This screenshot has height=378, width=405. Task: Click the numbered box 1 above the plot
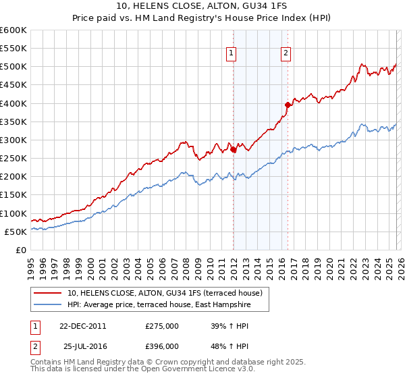[x=232, y=53]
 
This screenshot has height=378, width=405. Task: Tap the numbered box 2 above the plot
[x=286, y=53]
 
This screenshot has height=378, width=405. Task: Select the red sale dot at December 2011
[x=234, y=150]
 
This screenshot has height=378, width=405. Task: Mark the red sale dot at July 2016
[x=288, y=105]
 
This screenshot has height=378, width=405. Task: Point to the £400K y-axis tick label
[x=13, y=103]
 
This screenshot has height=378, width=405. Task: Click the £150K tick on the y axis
[x=13, y=195]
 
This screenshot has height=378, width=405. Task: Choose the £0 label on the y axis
[x=20, y=250]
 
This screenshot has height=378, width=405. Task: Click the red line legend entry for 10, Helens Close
[x=169, y=293]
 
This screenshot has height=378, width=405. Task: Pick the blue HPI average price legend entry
[x=159, y=305]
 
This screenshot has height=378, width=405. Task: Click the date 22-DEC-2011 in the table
[x=82, y=325]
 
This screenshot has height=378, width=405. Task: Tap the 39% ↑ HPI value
[x=230, y=325]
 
